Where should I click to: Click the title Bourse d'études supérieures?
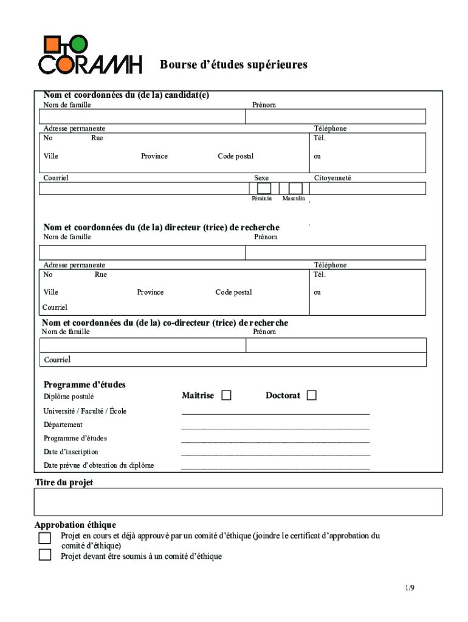pyautogui.click(x=233, y=65)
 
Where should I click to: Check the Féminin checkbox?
pyautogui.click(x=264, y=188)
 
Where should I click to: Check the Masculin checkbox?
pyautogui.click(x=295, y=188)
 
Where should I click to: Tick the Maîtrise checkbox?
pyautogui.click(x=226, y=395)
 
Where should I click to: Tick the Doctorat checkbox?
pyautogui.click(x=312, y=395)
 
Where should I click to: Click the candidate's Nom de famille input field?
pyautogui.click(x=142, y=117)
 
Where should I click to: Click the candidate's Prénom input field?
pyautogui.click(x=335, y=117)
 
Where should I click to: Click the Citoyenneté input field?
pyautogui.click(x=368, y=188)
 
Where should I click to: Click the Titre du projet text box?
pyautogui.click(x=238, y=502)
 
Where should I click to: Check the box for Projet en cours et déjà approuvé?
pyautogui.click(x=45, y=538)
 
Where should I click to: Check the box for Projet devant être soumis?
pyautogui.click(x=45, y=555)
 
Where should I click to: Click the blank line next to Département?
pyautogui.click(x=275, y=427)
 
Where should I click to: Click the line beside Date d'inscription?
pyautogui.click(x=275, y=454)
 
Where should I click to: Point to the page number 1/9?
pyautogui.click(x=410, y=588)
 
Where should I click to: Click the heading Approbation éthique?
pyautogui.click(x=75, y=525)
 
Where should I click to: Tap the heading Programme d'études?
pyautogui.click(x=84, y=384)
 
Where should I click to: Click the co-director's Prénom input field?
pyautogui.click(x=336, y=346)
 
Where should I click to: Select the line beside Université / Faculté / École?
pyautogui.click(x=275, y=413)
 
